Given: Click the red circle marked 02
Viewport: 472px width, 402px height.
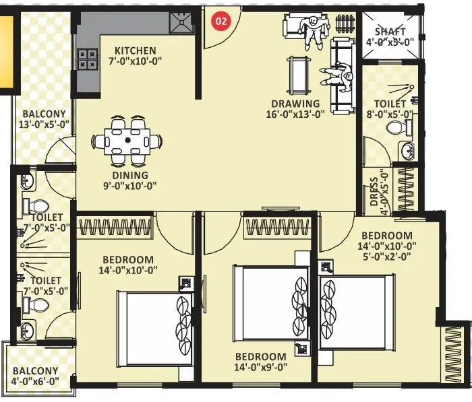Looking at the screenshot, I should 220,20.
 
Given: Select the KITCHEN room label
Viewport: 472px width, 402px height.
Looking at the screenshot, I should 135,51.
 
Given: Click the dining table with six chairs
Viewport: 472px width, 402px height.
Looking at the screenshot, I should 128,141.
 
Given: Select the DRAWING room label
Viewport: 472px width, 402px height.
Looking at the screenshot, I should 295,104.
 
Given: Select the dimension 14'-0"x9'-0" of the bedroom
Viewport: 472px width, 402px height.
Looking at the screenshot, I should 260,368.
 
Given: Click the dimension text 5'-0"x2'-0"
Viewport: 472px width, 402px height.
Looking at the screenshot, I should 386,256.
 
